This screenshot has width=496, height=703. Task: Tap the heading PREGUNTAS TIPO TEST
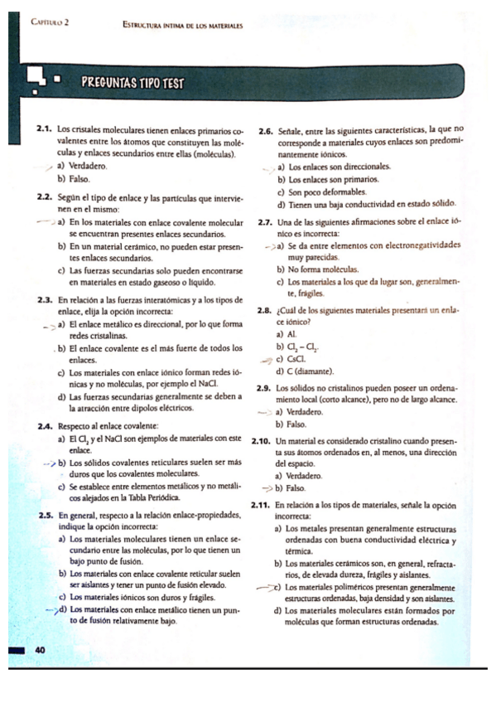click(132, 83)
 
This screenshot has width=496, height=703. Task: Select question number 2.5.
click(46, 514)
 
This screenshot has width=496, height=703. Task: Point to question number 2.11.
click(262, 505)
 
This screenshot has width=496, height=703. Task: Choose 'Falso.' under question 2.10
click(296, 489)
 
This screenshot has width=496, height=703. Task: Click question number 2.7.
click(265, 223)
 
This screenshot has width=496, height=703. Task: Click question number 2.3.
click(46, 298)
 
